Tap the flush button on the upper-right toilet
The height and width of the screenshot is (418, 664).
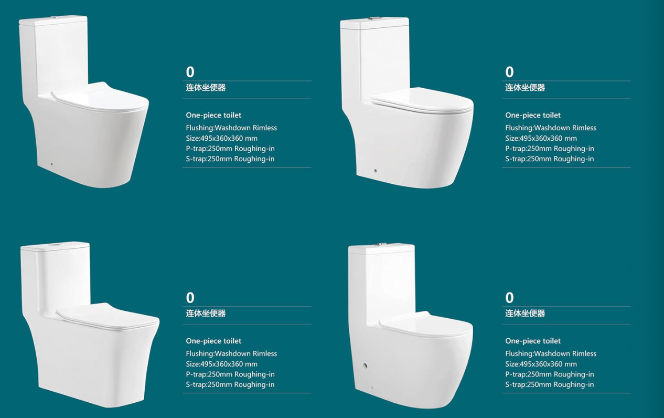coord(373,18)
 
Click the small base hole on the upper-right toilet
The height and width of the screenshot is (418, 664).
coord(376,171)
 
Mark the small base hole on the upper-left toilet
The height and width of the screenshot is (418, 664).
coord(52,164)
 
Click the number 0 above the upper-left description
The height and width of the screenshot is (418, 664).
coord(190,72)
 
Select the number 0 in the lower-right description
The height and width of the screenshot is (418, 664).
coord(509,298)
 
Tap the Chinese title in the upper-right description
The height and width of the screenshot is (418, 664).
coord(525,88)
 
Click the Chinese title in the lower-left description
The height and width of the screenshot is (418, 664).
coord(206,313)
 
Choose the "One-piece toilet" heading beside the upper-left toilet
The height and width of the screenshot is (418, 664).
coord(213,115)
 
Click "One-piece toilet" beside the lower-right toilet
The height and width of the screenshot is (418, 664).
coord(533,341)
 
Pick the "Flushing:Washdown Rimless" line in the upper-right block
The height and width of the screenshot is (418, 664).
coord(551,128)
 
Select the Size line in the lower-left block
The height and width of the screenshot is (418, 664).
coord(221,364)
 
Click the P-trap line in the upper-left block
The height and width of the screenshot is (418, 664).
coord(230,149)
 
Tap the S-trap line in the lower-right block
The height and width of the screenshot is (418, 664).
coord(549,384)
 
